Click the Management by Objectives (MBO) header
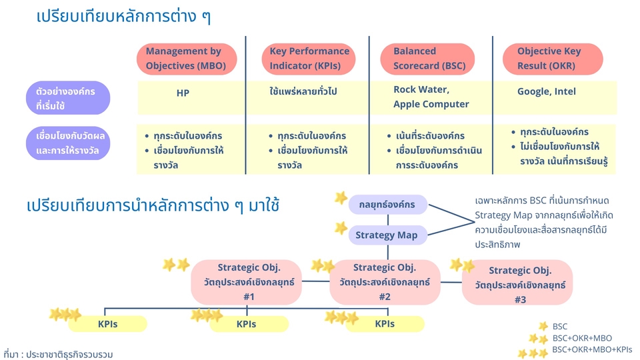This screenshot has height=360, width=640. (186, 59)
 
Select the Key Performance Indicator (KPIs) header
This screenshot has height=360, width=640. (309, 59)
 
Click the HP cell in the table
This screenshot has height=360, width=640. (183, 93)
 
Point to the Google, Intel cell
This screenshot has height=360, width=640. (547, 91)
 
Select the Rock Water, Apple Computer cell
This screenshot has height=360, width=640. (431, 97)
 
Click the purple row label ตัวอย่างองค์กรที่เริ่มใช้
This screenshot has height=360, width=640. (67, 98)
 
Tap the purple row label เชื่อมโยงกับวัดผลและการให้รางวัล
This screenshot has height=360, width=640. (67, 143)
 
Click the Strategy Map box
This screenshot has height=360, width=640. (387, 235)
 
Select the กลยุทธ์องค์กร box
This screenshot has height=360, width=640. (387, 205)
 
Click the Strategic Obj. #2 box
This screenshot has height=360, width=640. (385, 282)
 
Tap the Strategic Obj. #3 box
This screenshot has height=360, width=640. (517, 283)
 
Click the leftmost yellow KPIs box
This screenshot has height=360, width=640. (107, 324)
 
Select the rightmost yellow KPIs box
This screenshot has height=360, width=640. (385, 324)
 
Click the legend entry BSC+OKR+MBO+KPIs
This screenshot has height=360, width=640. (592, 349)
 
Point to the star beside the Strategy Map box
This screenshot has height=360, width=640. (341, 229)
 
